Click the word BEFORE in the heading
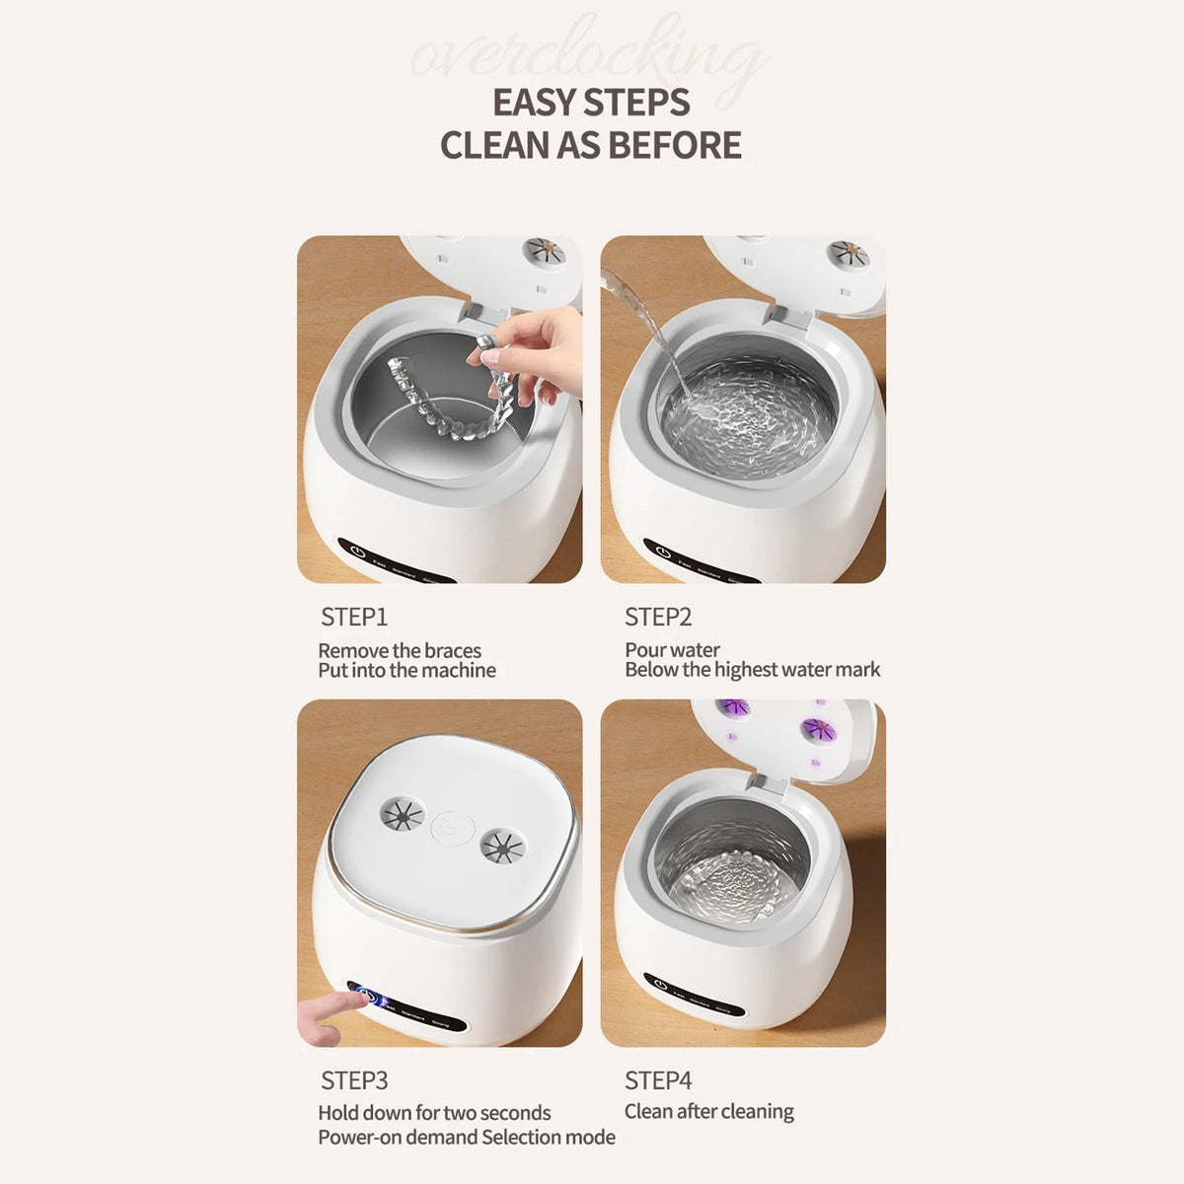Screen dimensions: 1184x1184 coord(675,145)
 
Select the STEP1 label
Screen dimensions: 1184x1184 coord(354,617)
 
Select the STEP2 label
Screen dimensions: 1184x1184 coord(658,617)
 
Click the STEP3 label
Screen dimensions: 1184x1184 coord(354,1080)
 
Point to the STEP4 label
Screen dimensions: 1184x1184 coord(658,1080)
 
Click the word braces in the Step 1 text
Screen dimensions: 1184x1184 coord(453,650)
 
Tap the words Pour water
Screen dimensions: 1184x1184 coord(672,649)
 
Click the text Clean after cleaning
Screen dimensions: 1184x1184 coord(708,1111)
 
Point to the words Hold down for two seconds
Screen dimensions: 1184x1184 coord(434,1113)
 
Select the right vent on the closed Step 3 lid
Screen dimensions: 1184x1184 coord(503,844)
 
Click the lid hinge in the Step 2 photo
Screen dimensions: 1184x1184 coord(789,318)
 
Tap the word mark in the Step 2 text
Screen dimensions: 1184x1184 coord(857,670)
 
